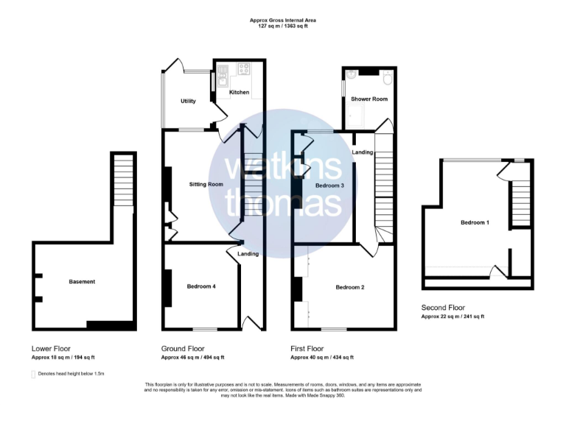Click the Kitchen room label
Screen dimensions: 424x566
click(x=239, y=93)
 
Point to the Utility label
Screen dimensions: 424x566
click(x=188, y=101)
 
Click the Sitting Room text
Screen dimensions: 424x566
click(x=206, y=184)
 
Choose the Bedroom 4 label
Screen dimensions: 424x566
click(x=200, y=286)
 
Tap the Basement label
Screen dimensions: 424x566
click(x=82, y=282)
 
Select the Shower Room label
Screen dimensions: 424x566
click(x=369, y=99)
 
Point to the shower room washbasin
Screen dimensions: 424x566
click(x=352, y=74)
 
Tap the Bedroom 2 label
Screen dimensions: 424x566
click(x=350, y=287)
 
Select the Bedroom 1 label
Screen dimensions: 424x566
click(x=475, y=222)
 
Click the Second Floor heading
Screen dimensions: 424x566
click(x=443, y=308)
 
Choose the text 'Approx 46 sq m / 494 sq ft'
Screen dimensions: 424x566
click(x=192, y=358)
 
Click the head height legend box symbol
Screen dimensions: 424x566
click(x=33, y=374)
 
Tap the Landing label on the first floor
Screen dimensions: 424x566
click(x=362, y=152)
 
